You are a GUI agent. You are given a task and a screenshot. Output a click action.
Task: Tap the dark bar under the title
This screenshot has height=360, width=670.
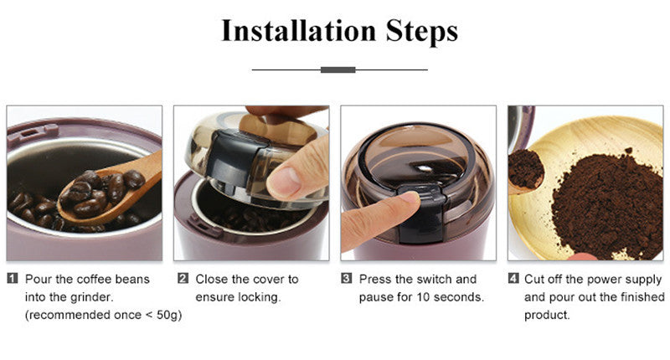click(338, 69)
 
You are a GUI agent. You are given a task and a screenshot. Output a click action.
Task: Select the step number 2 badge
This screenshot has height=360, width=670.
click(182, 279)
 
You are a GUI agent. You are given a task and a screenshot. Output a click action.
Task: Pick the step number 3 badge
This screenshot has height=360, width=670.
click(346, 279)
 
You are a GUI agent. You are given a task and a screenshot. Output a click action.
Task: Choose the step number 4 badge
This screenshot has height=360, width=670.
click(513, 279)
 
